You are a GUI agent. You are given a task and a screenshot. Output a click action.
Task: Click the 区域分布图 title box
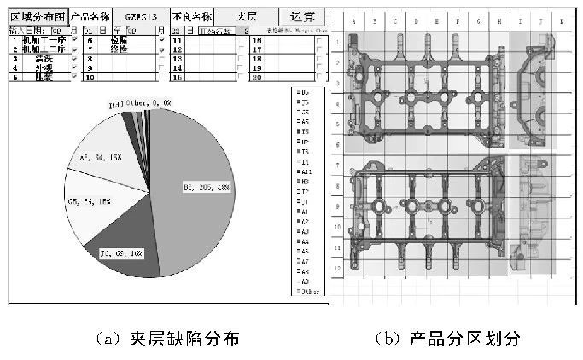pos(36,16)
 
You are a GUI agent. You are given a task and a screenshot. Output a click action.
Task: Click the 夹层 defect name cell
pos(246,16)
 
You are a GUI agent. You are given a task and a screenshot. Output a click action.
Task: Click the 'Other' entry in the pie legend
pos(307,291)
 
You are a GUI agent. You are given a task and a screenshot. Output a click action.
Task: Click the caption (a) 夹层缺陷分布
pos(165,339)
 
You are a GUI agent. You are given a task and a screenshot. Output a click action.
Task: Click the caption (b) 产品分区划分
pos(448,339)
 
